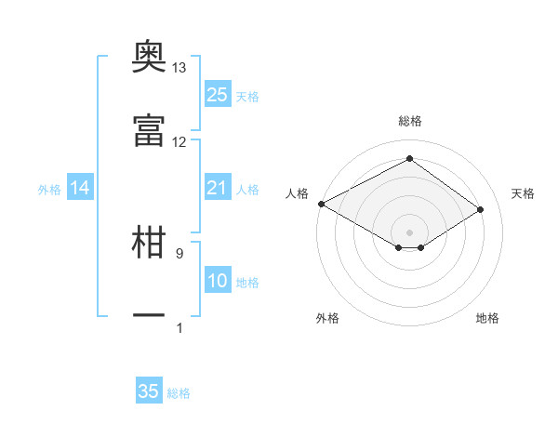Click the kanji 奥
pos(149,56)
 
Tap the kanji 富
pos(149,130)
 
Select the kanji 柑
pos(149,242)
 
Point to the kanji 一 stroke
pos(149,315)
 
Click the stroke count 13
pos(179,68)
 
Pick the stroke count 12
pos(179,142)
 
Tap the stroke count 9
pos(179,254)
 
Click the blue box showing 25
pos(218,94)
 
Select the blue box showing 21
pos(218,187)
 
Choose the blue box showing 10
pos(218,279)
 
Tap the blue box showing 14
pos(80,187)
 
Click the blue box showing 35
pos(149,390)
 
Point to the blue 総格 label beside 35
pos(179,393)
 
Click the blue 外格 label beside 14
pos(49,190)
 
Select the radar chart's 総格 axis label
pos(410,121)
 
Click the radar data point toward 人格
pos(322,204)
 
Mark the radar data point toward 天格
pos(480,209)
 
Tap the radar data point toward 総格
pos(409,158)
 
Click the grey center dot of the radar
pos(409,232)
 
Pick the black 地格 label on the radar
pos(487,318)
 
